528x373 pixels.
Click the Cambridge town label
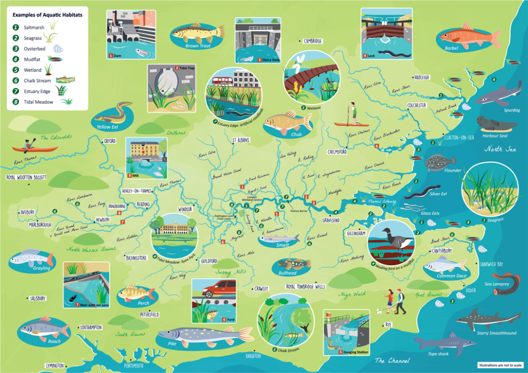tap(312, 41)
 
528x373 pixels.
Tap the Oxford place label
tap(109, 141)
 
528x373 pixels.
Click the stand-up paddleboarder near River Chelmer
tap(353, 115)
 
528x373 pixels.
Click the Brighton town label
tap(254, 355)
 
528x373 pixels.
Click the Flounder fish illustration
tap(440, 162)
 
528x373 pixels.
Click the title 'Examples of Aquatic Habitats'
tap(47, 15)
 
